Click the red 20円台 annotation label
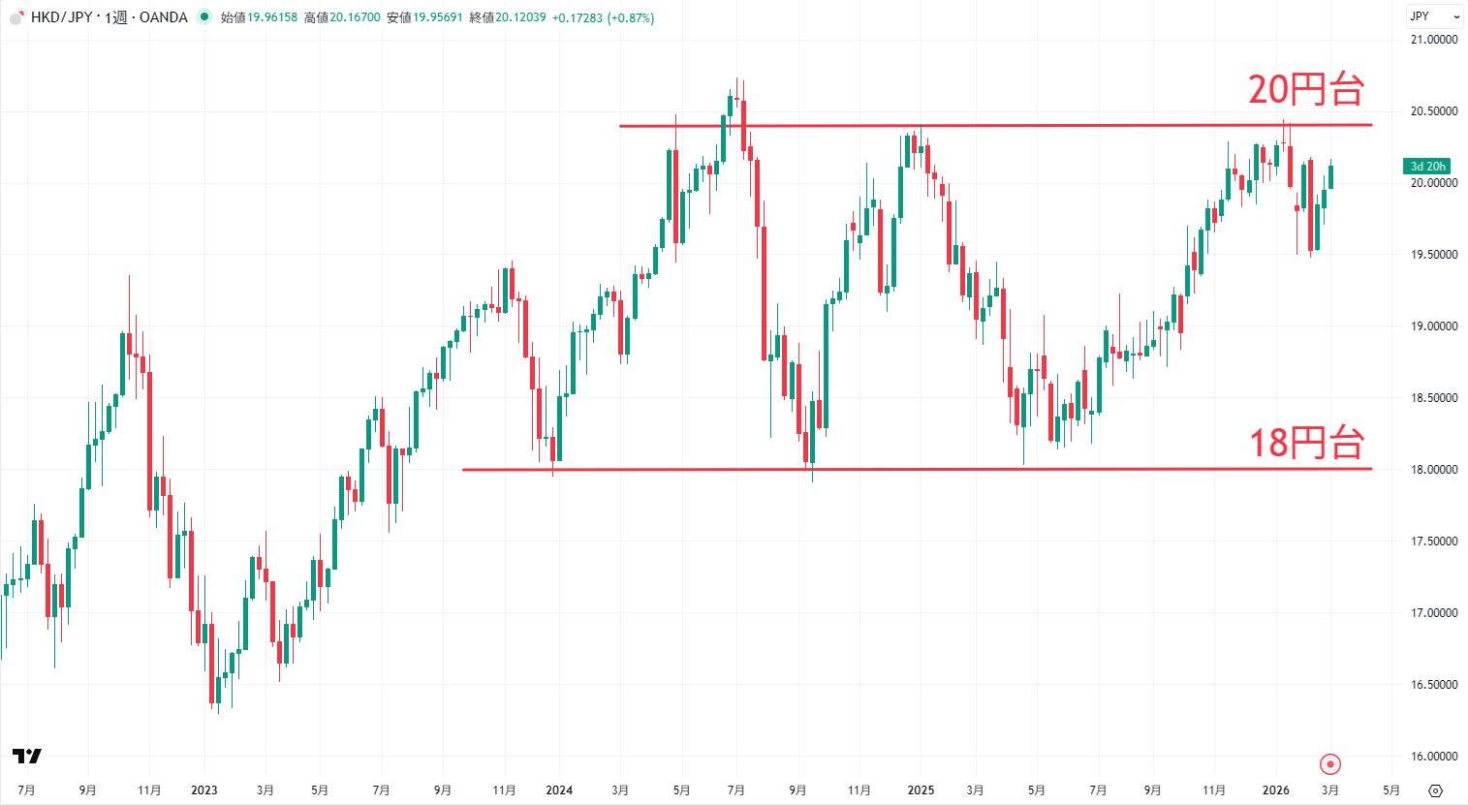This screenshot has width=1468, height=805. click(1305, 90)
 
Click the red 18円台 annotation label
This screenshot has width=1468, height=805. click(1305, 444)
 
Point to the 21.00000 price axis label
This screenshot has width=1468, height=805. click(1433, 40)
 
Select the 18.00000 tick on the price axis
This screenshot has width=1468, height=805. click(1433, 470)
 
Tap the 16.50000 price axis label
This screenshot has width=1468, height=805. click(1433, 685)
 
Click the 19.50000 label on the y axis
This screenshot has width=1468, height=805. click(1433, 255)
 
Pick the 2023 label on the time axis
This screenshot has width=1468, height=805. click(204, 790)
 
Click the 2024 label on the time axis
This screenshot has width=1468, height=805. click(559, 790)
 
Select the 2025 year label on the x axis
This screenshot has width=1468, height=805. click(921, 790)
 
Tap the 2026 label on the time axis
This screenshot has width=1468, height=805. click(1276, 790)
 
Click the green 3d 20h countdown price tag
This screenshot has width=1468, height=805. click(1427, 167)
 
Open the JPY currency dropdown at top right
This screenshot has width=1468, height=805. click(1433, 16)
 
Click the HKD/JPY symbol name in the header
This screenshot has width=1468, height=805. click(61, 17)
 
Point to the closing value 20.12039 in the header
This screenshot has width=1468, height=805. click(520, 17)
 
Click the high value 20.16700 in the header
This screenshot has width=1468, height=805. click(355, 17)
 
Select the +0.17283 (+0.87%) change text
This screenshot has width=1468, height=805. click(603, 17)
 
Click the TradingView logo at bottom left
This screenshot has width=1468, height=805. click(27, 756)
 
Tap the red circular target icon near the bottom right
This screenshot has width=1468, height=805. click(1330, 764)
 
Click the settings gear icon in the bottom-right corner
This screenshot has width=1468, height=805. click(1436, 790)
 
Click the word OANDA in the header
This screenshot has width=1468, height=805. click(164, 17)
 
